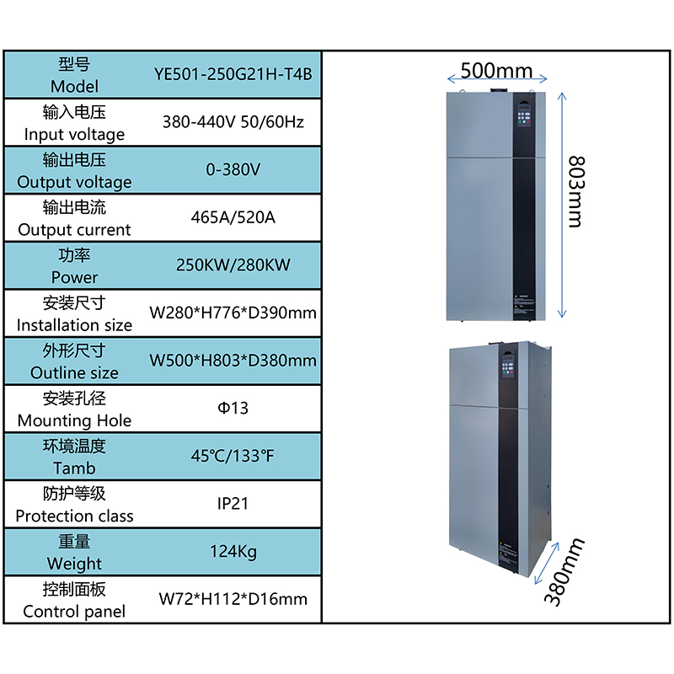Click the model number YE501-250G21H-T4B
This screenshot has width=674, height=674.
point(233,74)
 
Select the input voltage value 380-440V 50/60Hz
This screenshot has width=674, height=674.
point(233,122)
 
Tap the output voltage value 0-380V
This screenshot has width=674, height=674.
point(233,170)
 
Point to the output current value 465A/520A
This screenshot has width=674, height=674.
point(233,217)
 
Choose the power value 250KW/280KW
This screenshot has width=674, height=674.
point(233,265)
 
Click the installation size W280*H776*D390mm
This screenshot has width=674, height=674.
point(233,313)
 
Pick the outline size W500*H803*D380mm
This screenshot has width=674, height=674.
point(233,361)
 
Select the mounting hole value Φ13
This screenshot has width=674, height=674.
point(233,409)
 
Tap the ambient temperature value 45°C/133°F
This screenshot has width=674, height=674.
point(233,456)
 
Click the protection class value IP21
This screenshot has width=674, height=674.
point(233,504)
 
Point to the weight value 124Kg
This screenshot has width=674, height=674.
point(233,552)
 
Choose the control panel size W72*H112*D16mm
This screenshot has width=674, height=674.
point(233,599)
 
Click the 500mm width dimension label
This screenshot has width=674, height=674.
point(496,71)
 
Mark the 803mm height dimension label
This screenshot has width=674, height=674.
point(576,192)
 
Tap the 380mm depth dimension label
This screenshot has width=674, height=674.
point(564,572)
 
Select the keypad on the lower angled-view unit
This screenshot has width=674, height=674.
point(508,366)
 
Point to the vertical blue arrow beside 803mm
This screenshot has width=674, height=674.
point(562,205)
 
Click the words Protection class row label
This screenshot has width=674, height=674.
point(74,516)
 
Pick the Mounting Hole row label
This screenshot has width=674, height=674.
point(74,420)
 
